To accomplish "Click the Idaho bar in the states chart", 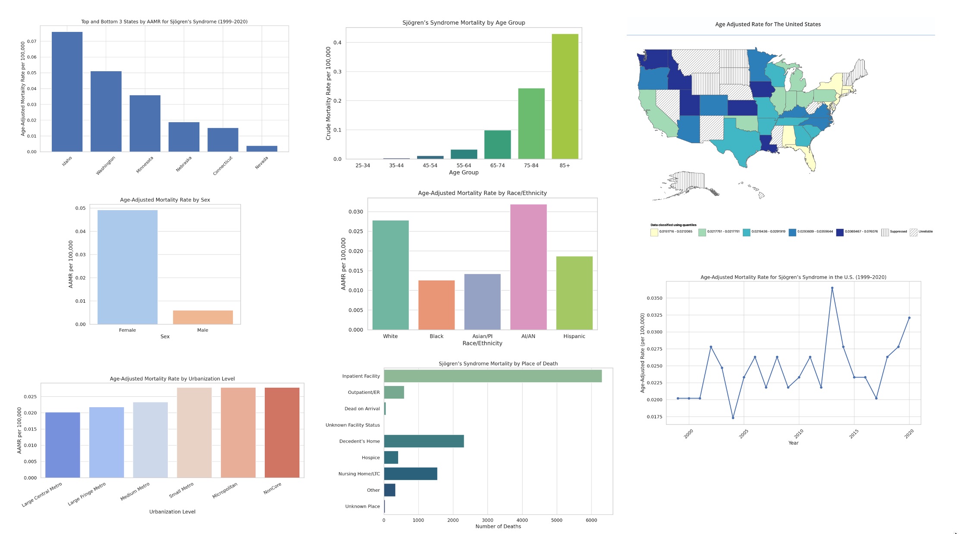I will coord(67,92).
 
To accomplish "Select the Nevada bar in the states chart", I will coord(262,149).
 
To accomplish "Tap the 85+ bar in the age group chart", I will coord(565,96).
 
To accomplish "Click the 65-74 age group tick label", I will coord(497,166).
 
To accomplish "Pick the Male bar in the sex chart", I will coord(203,317).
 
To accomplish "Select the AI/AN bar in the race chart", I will coord(528,267).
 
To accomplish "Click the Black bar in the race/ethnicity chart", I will coord(437,305).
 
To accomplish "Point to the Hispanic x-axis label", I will coord(574,336).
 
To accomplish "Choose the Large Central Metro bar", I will coord(63,445).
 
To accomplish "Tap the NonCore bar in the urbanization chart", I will coord(282,433).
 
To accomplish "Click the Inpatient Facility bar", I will coord(493,376).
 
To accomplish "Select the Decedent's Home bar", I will coord(424,441).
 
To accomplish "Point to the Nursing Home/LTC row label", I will coord(359,474).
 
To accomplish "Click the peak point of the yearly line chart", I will coord(832,288).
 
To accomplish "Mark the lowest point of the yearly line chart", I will coord(733,418).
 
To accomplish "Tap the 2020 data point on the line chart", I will coord(909,318).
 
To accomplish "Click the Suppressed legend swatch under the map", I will coord(885,232).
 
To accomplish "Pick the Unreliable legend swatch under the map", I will coord(914,232).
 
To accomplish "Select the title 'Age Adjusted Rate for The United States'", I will coord(768,25).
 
